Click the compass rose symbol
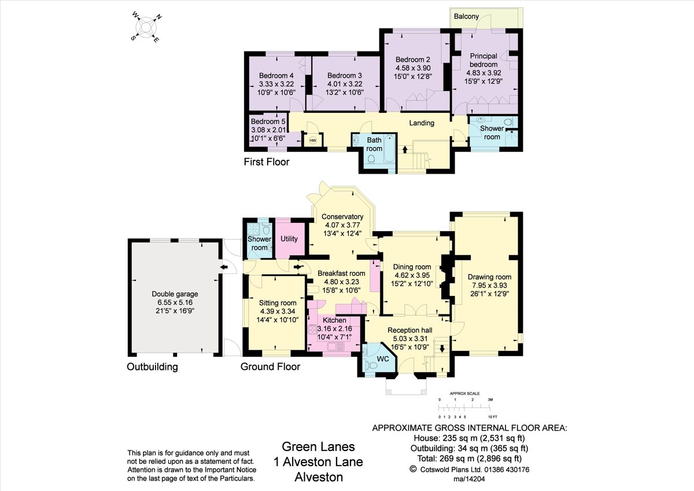147,26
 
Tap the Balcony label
466,16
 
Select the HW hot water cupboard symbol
313,140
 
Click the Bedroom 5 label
268,122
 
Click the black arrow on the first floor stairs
404,149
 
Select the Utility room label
289,239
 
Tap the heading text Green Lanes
318,446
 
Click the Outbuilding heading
152,367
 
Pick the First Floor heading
266,162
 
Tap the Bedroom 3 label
344,76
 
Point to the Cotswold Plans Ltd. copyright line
470,469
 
